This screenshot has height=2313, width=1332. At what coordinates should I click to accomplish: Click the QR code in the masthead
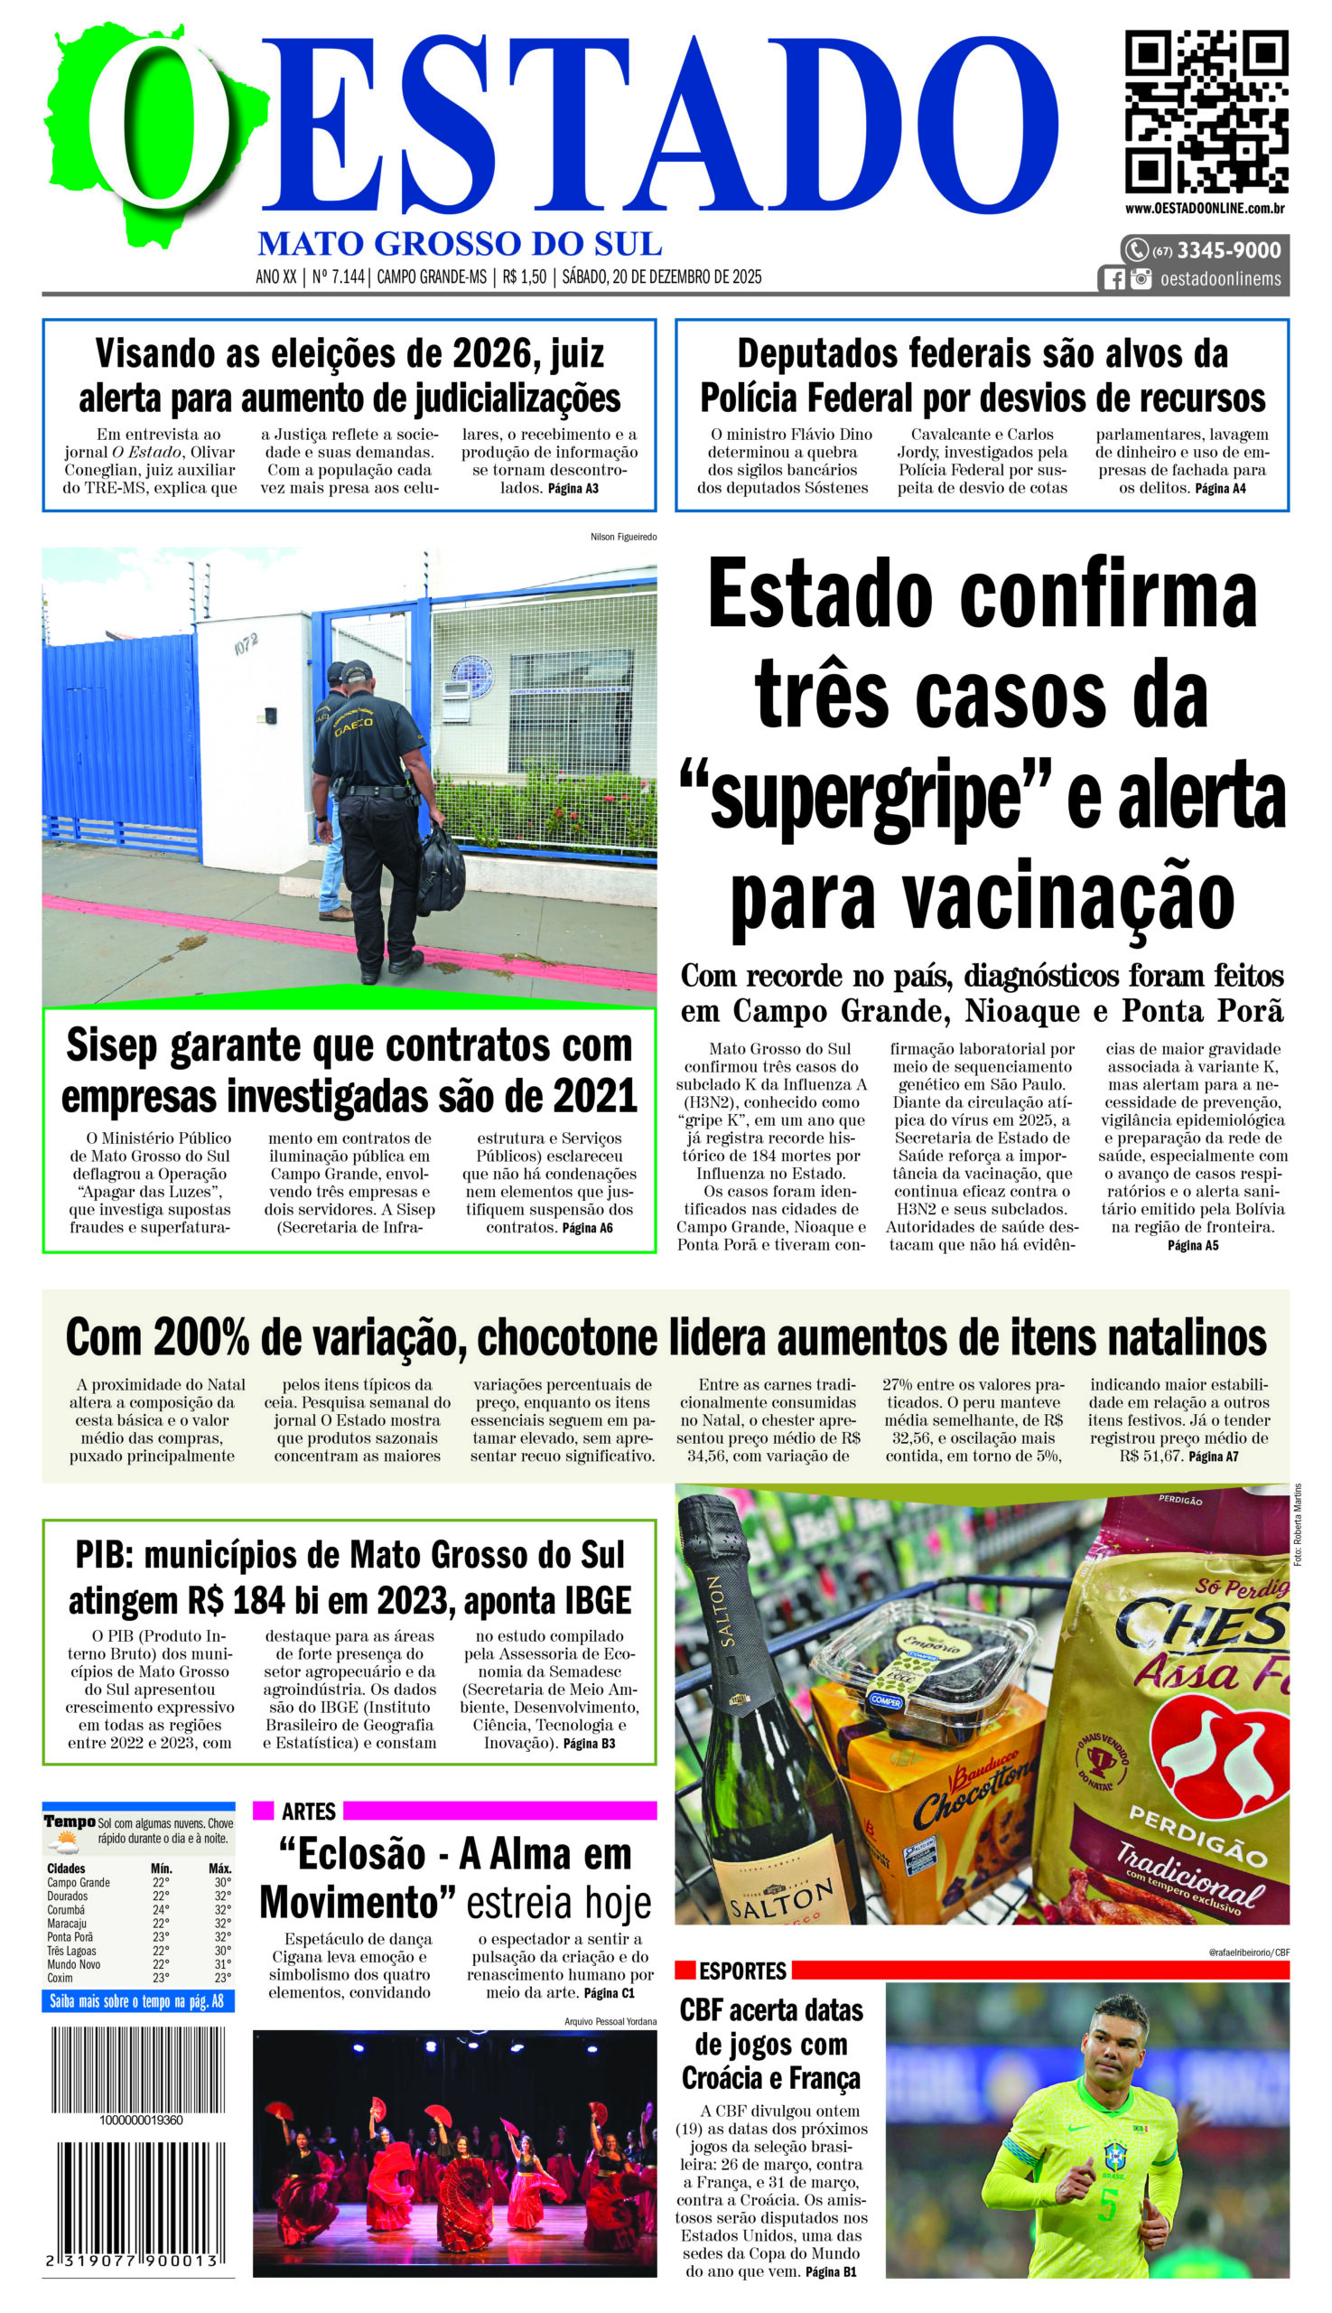(1206, 111)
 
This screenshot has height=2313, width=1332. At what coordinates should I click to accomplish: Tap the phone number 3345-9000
(1228, 250)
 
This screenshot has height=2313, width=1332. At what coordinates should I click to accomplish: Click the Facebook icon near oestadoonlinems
(1113, 279)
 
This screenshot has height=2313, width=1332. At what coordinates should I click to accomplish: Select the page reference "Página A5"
(1192, 1245)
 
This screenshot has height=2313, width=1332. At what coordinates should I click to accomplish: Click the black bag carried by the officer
(442, 870)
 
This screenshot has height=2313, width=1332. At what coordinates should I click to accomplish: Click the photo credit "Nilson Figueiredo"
(623, 537)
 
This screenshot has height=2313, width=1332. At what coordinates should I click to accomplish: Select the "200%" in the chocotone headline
(201, 1337)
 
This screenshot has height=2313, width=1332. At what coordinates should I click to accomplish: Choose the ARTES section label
(308, 1812)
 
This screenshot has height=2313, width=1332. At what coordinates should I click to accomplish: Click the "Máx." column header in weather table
(219, 1868)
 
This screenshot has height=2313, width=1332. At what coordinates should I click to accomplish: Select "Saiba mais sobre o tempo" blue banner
(137, 2002)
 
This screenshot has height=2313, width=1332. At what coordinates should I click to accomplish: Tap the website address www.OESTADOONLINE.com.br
(1205, 208)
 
